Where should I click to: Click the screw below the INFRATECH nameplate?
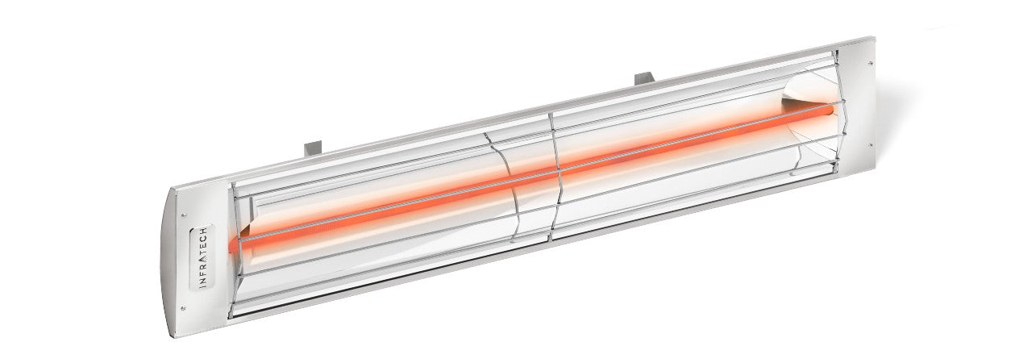tap(183, 307)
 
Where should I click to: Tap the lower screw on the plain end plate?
tap(871, 146)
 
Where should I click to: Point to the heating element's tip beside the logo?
tap(235, 244)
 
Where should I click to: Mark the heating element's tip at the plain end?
tap(830, 106)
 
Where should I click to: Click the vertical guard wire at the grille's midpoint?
tap(552, 177)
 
